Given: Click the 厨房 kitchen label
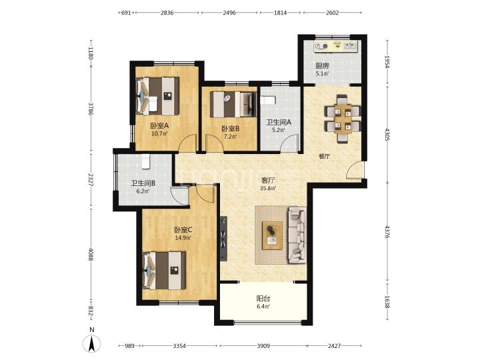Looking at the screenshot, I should (322, 65).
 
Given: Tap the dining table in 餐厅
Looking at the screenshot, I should (340, 118).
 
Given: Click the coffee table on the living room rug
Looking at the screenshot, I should (272, 233).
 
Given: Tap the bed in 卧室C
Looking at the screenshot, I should (164, 270).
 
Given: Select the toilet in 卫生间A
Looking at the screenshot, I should (269, 100).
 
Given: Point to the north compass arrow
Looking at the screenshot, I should (92, 343).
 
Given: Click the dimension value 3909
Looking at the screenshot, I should (263, 346).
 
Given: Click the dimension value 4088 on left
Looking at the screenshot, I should (90, 255).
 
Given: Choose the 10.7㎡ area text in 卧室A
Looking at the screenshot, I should (159, 133).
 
